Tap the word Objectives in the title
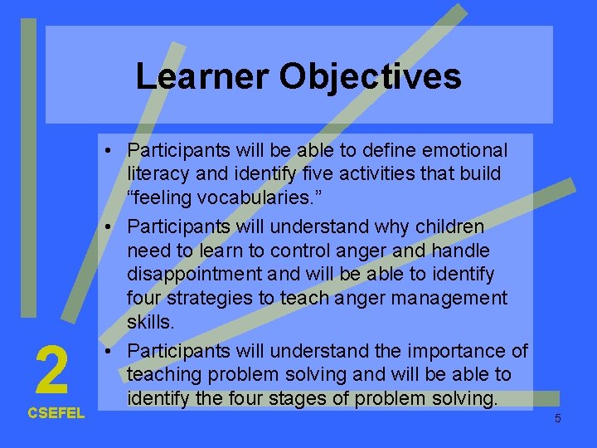coord(370,76)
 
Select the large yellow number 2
coord(52,372)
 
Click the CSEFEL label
coord(56,413)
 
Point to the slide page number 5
coord(557,418)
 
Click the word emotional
coord(467,150)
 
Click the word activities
coord(378,175)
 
